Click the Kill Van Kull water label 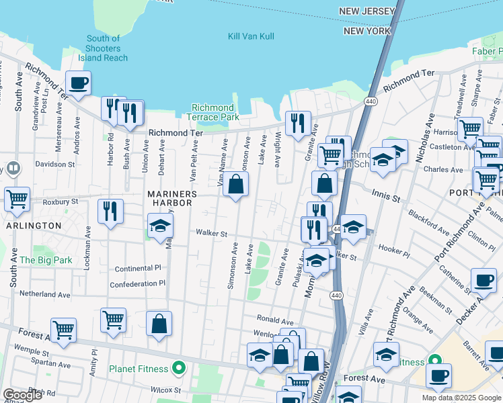click(x=251, y=36)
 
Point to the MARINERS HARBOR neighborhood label click(x=172, y=199)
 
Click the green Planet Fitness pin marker click(x=178, y=368)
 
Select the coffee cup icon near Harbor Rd click(x=78, y=83)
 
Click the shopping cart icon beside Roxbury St click(x=17, y=198)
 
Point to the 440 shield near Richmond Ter click(x=370, y=101)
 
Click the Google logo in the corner click(x=22, y=395)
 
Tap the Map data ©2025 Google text click(x=461, y=398)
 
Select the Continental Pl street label click(x=139, y=268)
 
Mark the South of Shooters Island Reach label click(x=103, y=48)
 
